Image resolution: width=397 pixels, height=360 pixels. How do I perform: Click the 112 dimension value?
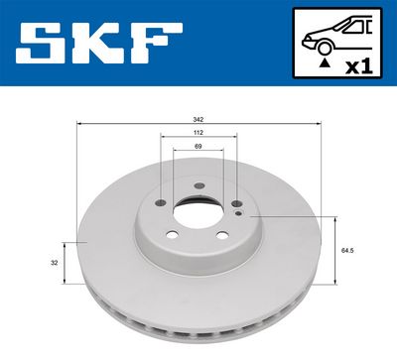pyautogui.click(x=198, y=132)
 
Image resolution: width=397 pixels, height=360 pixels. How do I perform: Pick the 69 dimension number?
pyautogui.click(x=198, y=146)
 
